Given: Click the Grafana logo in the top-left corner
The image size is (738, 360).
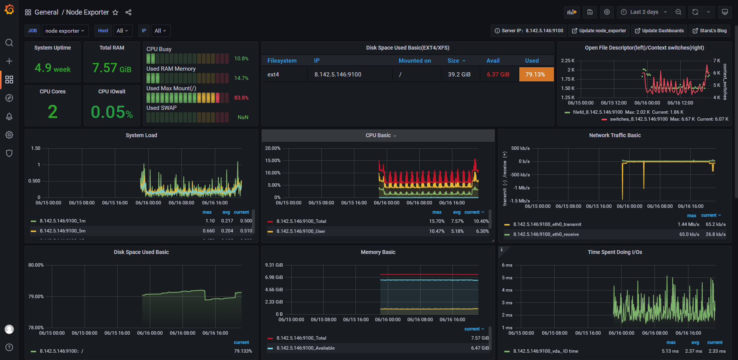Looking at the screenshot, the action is click(9, 9).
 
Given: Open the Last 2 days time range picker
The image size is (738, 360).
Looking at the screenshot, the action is click(644, 12).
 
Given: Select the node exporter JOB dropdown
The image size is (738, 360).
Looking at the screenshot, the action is click(65, 31).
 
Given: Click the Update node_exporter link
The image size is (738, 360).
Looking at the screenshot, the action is click(599, 31).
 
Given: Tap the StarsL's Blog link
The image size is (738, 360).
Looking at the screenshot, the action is click(710, 31).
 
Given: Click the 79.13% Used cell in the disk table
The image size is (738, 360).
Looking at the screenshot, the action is click(536, 75).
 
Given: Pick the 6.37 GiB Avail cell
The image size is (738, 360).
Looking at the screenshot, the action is click(498, 75).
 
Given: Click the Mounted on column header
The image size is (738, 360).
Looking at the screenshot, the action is click(415, 61).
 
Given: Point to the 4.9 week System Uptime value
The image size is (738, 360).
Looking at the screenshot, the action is click(53, 68).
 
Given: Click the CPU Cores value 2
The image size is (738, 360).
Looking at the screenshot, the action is click(53, 112).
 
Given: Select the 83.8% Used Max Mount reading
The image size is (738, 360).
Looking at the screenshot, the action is click(241, 98).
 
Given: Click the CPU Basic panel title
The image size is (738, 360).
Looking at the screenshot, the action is click(378, 135).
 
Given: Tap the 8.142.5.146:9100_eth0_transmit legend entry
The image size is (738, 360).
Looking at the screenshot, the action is click(547, 224).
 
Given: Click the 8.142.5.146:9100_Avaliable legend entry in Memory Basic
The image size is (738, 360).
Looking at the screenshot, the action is click(306, 348).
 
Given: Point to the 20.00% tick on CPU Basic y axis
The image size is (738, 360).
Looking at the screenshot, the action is click(273, 148).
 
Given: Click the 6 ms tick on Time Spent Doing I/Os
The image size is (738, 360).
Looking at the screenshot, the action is click(507, 265).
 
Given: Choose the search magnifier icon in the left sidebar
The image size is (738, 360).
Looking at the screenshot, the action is click(9, 43).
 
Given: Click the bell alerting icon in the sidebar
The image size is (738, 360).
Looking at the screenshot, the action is click(9, 116).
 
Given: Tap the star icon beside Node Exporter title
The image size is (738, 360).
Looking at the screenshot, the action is click(115, 12).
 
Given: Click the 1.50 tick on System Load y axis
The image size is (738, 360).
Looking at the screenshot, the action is click(36, 148).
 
